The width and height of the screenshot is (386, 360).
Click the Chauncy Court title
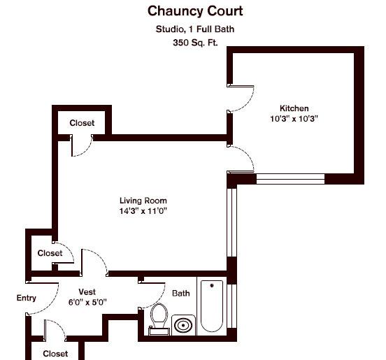pos(195,11)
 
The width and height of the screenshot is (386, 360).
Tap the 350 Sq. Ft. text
pos(195,43)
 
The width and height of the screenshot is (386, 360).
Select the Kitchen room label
pos(294,108)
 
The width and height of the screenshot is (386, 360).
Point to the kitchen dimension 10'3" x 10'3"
pos(294,119)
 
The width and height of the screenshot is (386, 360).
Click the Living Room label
pos(143,201)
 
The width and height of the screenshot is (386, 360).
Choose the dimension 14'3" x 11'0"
pos(143,211)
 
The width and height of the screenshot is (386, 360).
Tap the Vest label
pos(87,291)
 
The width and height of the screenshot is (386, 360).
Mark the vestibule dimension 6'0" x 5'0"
pos(87,302)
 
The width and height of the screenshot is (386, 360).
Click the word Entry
pos(26,298)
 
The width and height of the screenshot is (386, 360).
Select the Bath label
pos(181,293)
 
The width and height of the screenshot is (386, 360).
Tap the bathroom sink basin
pos(183,325)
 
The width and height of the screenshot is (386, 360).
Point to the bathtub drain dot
pos(212,285)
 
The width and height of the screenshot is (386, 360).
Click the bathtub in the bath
pos(212,306)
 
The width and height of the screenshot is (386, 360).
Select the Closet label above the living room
pos(82,123)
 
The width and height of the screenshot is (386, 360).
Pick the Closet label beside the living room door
pos(50,253)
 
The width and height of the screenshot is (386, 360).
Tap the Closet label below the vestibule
pos(55,354)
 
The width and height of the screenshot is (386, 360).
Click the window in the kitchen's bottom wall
pos(290,179)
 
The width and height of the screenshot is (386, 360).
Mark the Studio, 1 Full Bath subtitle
pos(195,29)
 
